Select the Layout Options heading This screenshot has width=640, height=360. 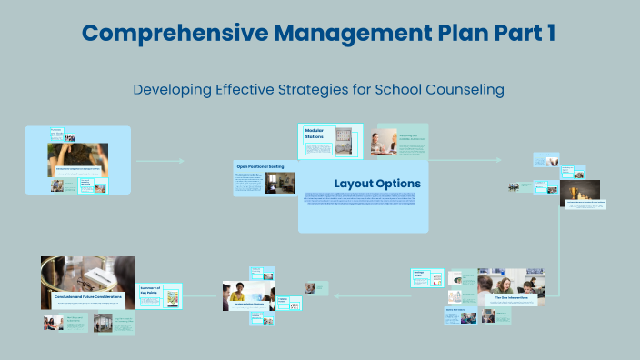pyautogui.click(x=377, y=184)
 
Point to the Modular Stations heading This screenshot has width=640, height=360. pyautogui.click(x=314, y=133)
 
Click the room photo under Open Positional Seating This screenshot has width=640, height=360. pyautogui.click(x=280, y=183)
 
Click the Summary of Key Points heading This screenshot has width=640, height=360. pyautogui.click(x=149, y=291)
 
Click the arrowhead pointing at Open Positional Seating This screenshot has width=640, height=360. pyautogui.click(x=182, y=161)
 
